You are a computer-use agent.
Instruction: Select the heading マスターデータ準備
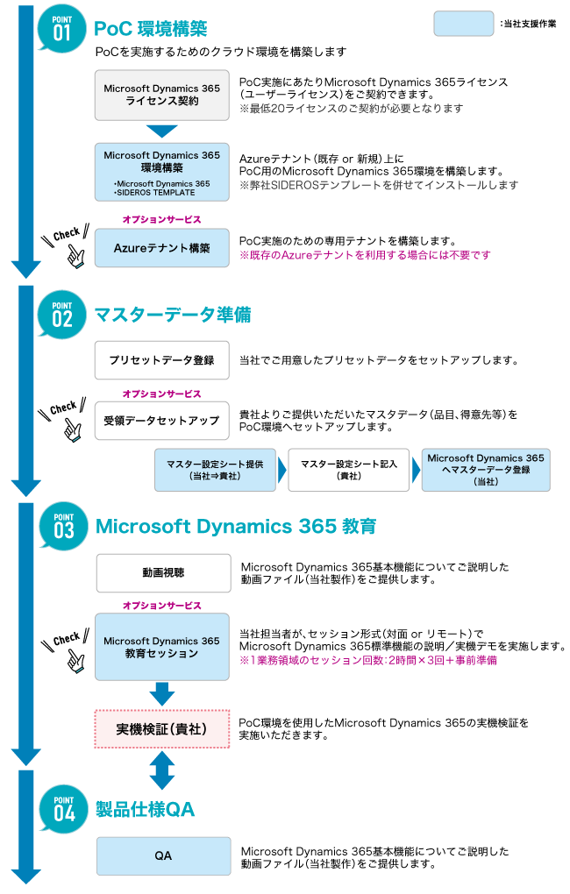pyautogui.click(x=173, y=314)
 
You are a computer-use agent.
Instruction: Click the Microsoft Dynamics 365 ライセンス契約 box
pyautogui.click(x=162, y=95)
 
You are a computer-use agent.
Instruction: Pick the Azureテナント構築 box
pyautogui.click(x=162, y=248)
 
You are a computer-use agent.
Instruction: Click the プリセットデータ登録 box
pyautogui.click(x=162, y=360)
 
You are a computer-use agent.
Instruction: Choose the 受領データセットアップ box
pyautogui.click(x=162, y=421)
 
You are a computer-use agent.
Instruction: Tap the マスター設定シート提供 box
pyautogui.click(x=214, y=470)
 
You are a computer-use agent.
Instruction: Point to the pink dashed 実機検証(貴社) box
pyautogui.click(x=162, y=729)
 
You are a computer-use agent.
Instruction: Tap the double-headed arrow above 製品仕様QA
pyautogui.click(x=162, y=770)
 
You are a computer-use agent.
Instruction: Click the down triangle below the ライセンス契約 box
pyautogui.click(x=162, y=131)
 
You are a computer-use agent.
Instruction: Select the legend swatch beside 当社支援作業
pyautogui.click(x=463, y=24)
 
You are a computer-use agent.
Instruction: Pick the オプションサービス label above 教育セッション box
pyautogui.click(x=162, y=606)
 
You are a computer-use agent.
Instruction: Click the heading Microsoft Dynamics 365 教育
pyautogui.click(x=236, y=527)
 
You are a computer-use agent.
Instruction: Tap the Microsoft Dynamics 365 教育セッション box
pyautogui.click(x=162, y=648)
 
